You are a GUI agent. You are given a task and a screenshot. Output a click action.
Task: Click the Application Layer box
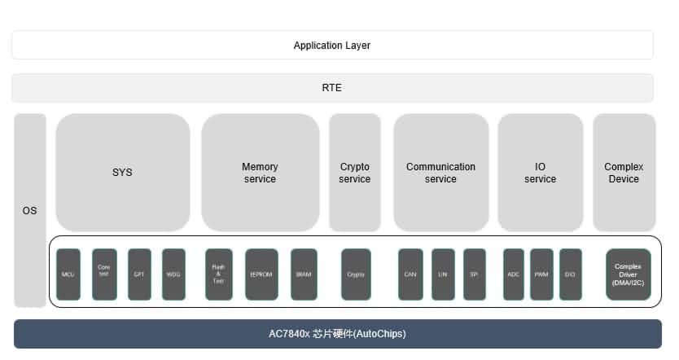pyautogui.click(x=332, y=46)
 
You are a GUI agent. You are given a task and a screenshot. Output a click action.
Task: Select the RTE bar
pyautogui.click(x=332, y=88)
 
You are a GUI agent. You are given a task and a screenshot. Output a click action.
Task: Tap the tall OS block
pyautogui.click(x=30, y=210)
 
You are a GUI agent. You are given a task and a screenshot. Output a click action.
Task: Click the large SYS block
pyautogui.click(x=122, y=173)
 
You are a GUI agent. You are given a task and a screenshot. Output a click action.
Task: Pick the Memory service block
pyautogui.click(x=260, y=173)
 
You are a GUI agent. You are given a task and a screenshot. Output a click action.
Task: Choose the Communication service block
pyautogui.click(x=440, y=173)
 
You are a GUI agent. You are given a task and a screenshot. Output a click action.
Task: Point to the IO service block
pyautogui.click(x=540, y=173)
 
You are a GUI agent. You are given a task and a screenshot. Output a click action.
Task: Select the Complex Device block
pyautogui.click(x=624, y=173)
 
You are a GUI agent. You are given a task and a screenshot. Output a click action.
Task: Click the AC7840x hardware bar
pyautogui.click(x=337, y=334)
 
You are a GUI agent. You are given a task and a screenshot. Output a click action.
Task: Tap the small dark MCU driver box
pyautogui.click(x=68, y=274)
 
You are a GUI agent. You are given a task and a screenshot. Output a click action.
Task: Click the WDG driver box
pyautogui.click(x=173, y=274)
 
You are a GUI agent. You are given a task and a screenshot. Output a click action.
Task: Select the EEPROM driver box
pyautogui.click(x=261, y=274)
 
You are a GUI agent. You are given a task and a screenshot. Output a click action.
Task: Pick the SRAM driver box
pyautogui.click(x=304, y=274)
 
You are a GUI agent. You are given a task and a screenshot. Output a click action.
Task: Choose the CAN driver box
pyautogui.click(x=410, y=274)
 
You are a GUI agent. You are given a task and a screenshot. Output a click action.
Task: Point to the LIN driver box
pyautogui.click(x=443, y=274)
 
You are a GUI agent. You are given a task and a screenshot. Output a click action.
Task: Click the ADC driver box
pyautogui.click(x=514, y=274)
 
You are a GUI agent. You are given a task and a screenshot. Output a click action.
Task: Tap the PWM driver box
pyautogui.click(x=541, y=274)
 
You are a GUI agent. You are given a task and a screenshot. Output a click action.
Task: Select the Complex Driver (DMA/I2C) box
pyautogui.click(x=628, y=274)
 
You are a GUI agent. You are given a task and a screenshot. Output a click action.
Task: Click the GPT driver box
pyautogui.click(x=139, y=274)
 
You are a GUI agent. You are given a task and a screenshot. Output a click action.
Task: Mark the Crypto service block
pyautogui.click(x=355, y=173)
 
